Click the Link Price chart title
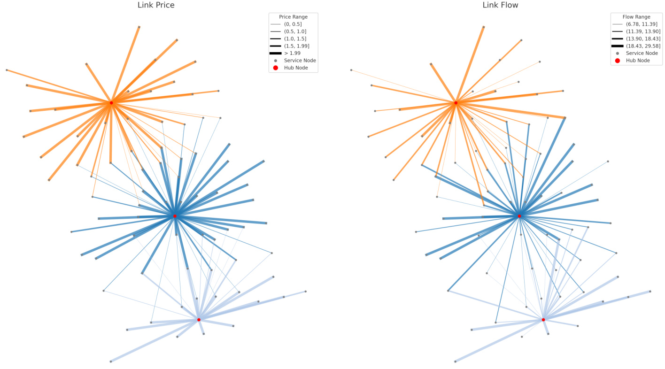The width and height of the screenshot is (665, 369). tap(155, 5)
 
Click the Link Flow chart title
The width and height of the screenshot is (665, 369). tap(500, 5)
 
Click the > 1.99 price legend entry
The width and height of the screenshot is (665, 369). tap(292, 53)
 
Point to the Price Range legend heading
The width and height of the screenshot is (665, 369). tap(293, 17)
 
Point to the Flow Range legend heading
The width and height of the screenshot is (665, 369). tap(636, 17)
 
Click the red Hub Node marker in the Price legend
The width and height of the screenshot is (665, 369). tap(275, 68)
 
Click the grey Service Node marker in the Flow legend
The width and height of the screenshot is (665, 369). tap(617, 53)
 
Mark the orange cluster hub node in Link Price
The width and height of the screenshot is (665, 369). tap(111, 102)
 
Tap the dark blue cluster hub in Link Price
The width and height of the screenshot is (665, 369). tap(175, 216)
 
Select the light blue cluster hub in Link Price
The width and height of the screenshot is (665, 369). tap(199, 320)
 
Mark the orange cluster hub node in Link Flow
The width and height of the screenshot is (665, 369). tap(456, 102)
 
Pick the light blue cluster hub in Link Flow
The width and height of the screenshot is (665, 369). tap(543, 320)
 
